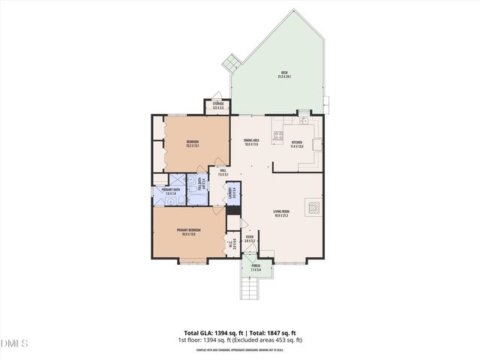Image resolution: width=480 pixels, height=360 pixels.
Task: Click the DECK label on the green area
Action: (x=283, y=74)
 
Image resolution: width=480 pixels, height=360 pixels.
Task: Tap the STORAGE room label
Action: (x=218, y=106)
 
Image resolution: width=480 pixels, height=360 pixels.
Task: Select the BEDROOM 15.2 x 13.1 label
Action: (x=192, y=144)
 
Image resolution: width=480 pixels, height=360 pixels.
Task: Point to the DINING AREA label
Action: (x=251, y=142)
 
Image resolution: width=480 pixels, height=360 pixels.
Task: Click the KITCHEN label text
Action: (x=296, y=144)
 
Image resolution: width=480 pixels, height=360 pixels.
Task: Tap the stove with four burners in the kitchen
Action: (x=278, y=136)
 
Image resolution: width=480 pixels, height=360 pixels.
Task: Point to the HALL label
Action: (x=222, y=173)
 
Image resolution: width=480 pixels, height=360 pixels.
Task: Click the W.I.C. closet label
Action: (x=232, y=244)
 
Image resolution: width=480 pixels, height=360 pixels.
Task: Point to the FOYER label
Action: (x=249, y=239)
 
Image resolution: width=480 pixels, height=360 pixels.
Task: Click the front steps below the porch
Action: (x=248, y=289)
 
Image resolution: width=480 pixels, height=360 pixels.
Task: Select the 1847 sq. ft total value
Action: (x=280, y=332)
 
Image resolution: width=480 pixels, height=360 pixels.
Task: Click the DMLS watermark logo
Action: (x=14, y=343)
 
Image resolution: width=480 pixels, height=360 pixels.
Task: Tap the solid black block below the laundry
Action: (x=232, y=210)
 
